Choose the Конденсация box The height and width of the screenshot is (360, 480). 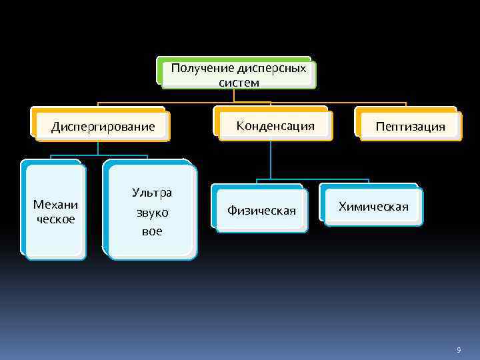275,125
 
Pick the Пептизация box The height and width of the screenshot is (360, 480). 410,126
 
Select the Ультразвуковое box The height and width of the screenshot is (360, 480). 152,212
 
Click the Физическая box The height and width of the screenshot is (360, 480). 261,211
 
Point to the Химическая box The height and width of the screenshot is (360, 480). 373,206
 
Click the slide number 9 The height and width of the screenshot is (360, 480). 459,350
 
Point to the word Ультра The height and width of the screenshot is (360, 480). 152,193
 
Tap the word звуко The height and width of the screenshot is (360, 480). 152,213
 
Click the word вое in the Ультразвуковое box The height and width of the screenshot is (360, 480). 152,232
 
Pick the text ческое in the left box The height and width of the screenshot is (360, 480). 55,219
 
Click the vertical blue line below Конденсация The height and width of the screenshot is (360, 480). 271,160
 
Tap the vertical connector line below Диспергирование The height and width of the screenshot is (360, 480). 99,148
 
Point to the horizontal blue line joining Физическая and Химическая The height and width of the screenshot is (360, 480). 313,179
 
